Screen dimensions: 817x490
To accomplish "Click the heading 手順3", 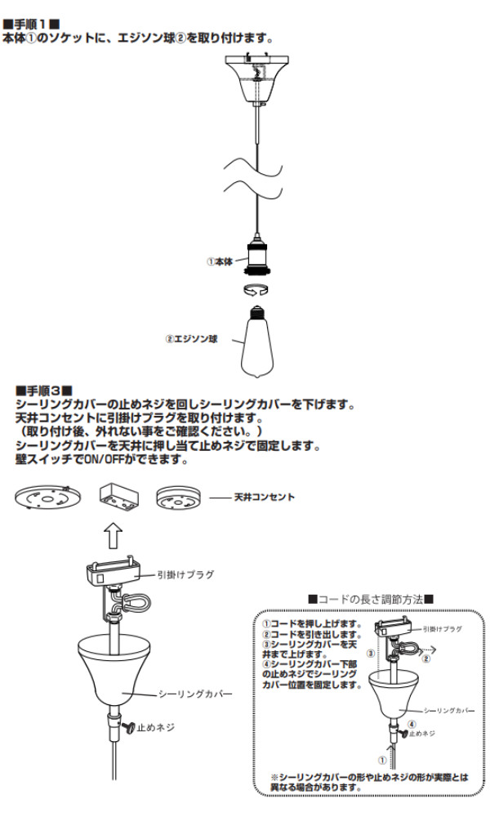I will pos(44,391).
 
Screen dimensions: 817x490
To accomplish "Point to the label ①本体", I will pos(220,262).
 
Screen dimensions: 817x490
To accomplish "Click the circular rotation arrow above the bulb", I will pos(258,290).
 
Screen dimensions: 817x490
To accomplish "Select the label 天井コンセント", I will pos(265,497).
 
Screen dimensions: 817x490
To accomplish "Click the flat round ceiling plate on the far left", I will pos(48,499).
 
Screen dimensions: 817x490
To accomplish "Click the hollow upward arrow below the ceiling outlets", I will pos(115,537).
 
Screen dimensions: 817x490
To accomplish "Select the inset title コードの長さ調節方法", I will pos(371,600).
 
